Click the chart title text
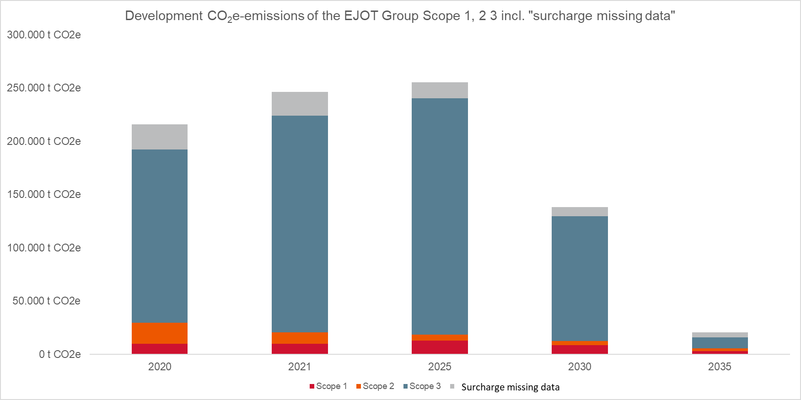pos(400,16)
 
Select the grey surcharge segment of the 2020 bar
pos(160,137)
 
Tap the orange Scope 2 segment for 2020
pos(160,333)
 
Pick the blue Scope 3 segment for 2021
pos(300,224)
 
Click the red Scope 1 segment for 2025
pos(440,347)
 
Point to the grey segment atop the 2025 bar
pos(440,90)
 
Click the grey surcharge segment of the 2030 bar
pos(580,212)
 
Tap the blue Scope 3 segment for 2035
pos(720,343)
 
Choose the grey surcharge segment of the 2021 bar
pos(300,104)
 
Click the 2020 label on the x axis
pos(160,367)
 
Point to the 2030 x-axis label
pos(580,367)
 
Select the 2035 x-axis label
pos(720,367)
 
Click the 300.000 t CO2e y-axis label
pos(44,35)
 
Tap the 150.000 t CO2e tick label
pos(44,194)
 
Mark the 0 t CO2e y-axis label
pos(59,354)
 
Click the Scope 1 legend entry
pos(328,386)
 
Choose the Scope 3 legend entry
pos(422,386)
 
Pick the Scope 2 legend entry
pos(375,386)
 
